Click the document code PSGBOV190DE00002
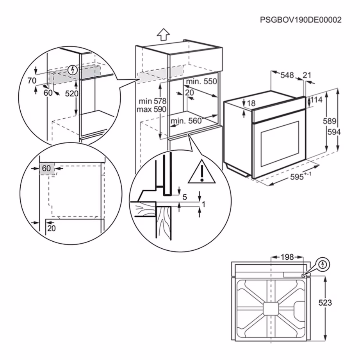tap(301, 20)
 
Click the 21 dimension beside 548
tap(307, 75)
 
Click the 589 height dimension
tap(329, 121)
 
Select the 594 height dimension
tap(333, 132)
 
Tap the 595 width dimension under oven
tap(298, 177)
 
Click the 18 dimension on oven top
tap(251, 103)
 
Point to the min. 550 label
tap(201, 82)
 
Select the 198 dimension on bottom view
tap(287, 257)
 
